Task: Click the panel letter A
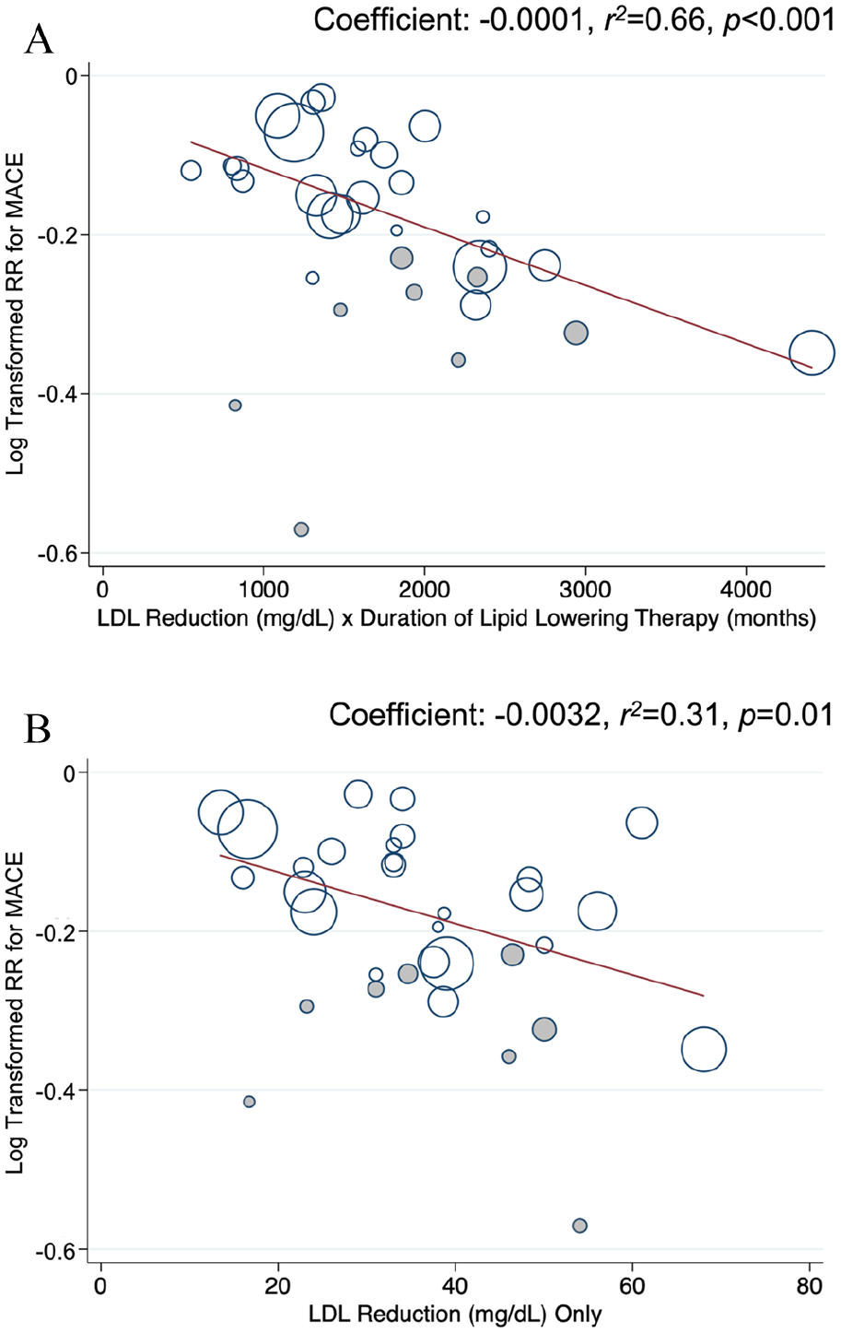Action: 39,41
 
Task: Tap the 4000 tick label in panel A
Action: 746,590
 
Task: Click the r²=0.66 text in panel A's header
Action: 654,21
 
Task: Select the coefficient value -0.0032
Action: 546,714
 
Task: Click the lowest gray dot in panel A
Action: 301,530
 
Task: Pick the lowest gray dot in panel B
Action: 580,1237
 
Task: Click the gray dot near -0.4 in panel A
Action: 235,406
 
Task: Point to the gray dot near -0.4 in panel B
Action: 250,1102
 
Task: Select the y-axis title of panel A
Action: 15,313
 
